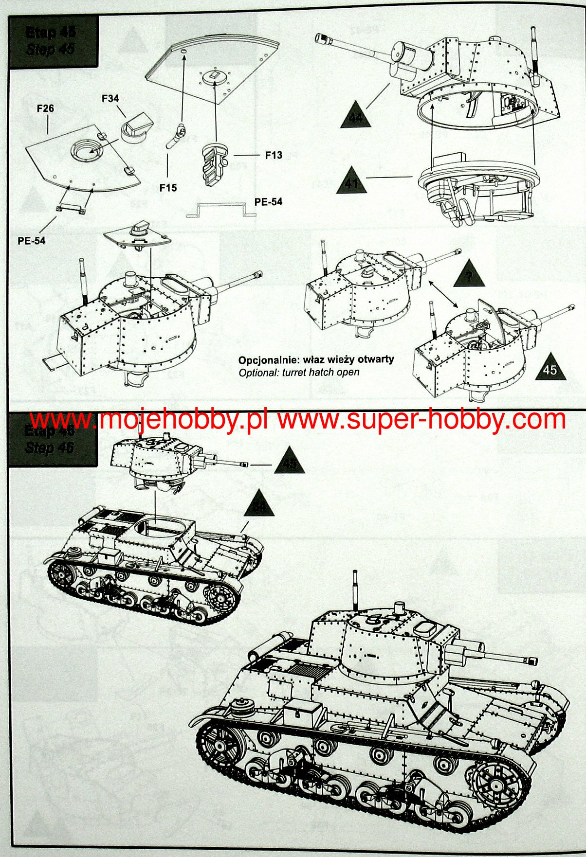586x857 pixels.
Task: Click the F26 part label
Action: point(45,108)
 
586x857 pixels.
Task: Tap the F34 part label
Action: point(110,98)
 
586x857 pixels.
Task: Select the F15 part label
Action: point(168,188)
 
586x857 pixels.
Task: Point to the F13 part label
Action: point(274,155)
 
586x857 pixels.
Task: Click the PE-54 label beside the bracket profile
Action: point(268,202)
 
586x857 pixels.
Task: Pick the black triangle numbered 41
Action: point(351,181)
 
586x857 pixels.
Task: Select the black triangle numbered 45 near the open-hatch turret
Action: point(549,368)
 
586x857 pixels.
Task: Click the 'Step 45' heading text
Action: point(51,49)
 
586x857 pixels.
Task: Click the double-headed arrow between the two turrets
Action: point(443,294)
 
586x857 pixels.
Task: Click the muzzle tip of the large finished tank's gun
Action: point(532,661)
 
